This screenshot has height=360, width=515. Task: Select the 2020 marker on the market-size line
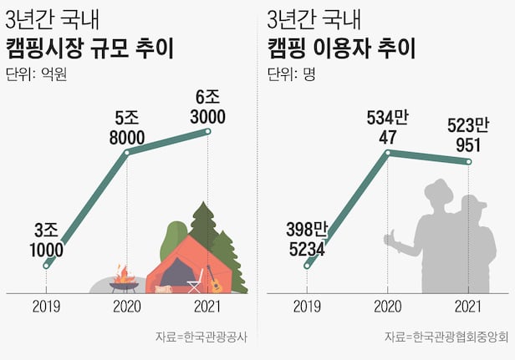(x=126, y=152)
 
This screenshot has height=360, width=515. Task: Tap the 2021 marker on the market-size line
(x=208, y=131)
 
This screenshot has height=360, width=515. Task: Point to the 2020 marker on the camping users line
(x=388, y=152)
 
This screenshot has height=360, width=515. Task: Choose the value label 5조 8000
(x=126, y=126)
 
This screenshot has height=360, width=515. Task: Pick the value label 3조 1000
(x=46, y=239)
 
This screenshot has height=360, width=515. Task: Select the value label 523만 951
(x=468, y=135)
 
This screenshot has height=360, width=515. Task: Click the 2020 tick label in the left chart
(x=126, y=307)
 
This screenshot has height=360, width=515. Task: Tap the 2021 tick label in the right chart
(x=469, y=307)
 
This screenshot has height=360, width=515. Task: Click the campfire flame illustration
(x=125, y=273)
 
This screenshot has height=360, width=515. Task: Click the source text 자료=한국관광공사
(x=207, y=337)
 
